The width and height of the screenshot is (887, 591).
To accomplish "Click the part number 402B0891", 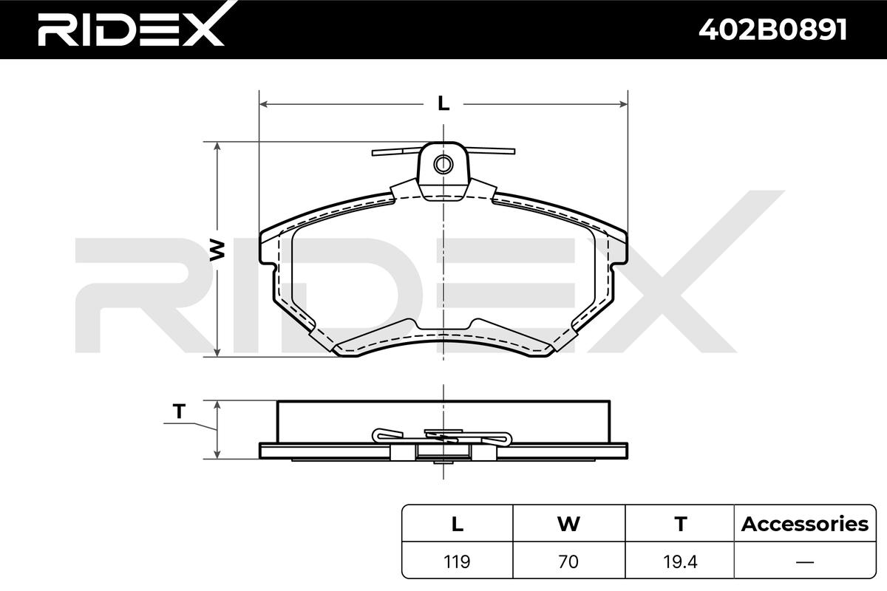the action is point(772,30).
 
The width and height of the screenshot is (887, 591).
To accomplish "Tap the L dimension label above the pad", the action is point(443,103).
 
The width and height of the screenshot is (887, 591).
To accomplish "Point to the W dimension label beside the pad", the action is point(217,250).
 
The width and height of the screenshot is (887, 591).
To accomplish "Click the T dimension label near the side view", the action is point(179,411).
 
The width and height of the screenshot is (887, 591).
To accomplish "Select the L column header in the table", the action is point(458,524).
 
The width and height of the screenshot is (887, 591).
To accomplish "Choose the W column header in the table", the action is point(568,524).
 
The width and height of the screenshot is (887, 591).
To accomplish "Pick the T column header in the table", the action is point(680,524).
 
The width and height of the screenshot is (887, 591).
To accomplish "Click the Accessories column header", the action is point(805,524).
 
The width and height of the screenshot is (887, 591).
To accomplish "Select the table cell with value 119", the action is point(457,561).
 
